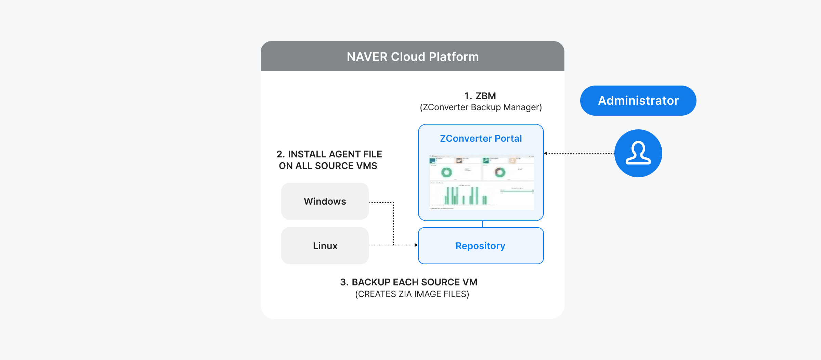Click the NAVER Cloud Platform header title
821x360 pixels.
point(413,57)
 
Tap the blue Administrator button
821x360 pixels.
point(638,101)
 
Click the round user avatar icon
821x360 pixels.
point(638,153)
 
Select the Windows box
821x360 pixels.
point(325,201)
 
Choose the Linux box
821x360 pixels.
point(325,246)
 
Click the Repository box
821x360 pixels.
point(481,246)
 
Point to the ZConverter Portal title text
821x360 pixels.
point(481,138)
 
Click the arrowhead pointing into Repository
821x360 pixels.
point(416,245)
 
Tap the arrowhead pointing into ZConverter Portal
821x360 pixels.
point(546,153)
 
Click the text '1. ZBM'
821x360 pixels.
point(480,96)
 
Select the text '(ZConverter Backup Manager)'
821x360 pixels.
point(481,107)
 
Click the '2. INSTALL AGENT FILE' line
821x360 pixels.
point(329,154)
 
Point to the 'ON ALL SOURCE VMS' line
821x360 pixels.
point(328,166)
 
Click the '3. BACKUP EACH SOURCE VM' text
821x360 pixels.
point(408,282)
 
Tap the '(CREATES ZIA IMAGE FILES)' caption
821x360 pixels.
point(412,294)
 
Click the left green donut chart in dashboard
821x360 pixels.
point(446,172)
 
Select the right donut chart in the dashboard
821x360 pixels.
point(500,172)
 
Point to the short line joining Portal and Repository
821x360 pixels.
point(482,224)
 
